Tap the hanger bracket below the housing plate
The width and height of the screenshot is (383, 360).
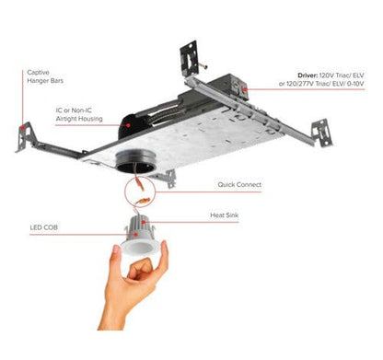pos(168,180)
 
